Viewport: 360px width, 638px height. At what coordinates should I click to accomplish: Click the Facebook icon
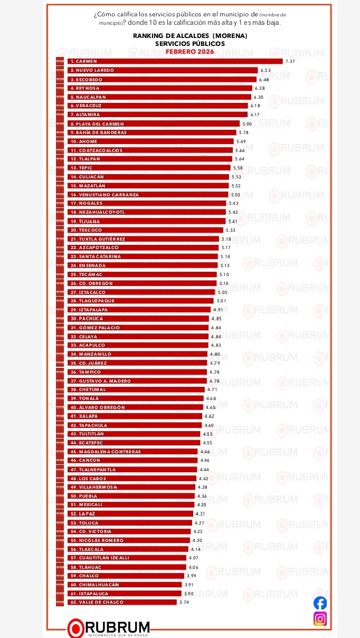tap(320, 603)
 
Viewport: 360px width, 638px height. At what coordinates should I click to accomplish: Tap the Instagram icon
tap(320, 618)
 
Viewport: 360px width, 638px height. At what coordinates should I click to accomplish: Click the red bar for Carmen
tap(174, 61)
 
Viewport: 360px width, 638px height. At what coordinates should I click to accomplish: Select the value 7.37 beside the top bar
tap(289, 61)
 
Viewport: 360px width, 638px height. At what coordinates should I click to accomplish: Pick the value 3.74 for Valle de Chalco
tap(184, 602)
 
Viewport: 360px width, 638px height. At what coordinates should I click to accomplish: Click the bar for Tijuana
tap(146, 221)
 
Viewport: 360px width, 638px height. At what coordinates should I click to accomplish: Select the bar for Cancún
tap(132, 461)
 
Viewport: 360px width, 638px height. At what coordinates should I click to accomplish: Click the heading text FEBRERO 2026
tap(190, 51)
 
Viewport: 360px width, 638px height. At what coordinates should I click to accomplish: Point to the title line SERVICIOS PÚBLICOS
tap(190, 43)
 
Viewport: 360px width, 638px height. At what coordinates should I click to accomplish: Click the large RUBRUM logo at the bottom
tap(109, 627)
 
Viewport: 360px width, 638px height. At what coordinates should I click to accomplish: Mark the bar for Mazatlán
tap(148, 186)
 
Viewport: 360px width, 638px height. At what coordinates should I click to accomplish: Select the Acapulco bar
tap(138, 345)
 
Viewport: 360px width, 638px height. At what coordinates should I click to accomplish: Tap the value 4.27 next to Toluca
tap(199, 522)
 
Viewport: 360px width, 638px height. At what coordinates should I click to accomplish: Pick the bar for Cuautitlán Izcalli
tap(127, 558)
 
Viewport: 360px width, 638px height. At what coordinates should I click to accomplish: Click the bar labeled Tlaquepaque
tap(140, 301)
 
